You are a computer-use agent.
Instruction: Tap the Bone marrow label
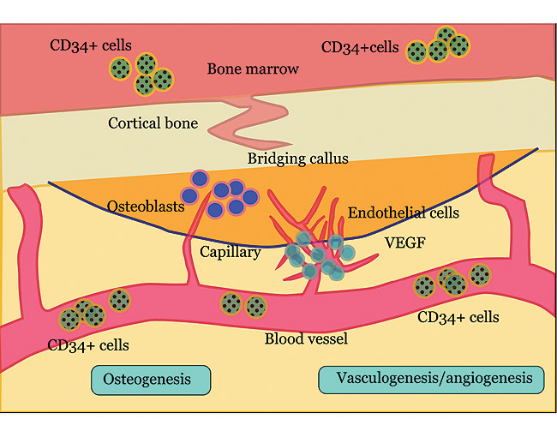[x=253, y=69]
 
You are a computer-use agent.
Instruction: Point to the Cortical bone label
[x=153, y=123]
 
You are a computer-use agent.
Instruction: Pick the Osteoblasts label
[x=145, y=207]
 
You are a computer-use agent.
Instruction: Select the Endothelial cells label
[x=404, y=213]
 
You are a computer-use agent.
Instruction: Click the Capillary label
[x=230, y=252]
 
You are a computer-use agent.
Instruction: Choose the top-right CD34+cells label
[x=360, y=48]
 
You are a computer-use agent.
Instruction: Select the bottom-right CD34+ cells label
[x=458, y=318]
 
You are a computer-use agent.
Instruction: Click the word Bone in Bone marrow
[x=225, y=69]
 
